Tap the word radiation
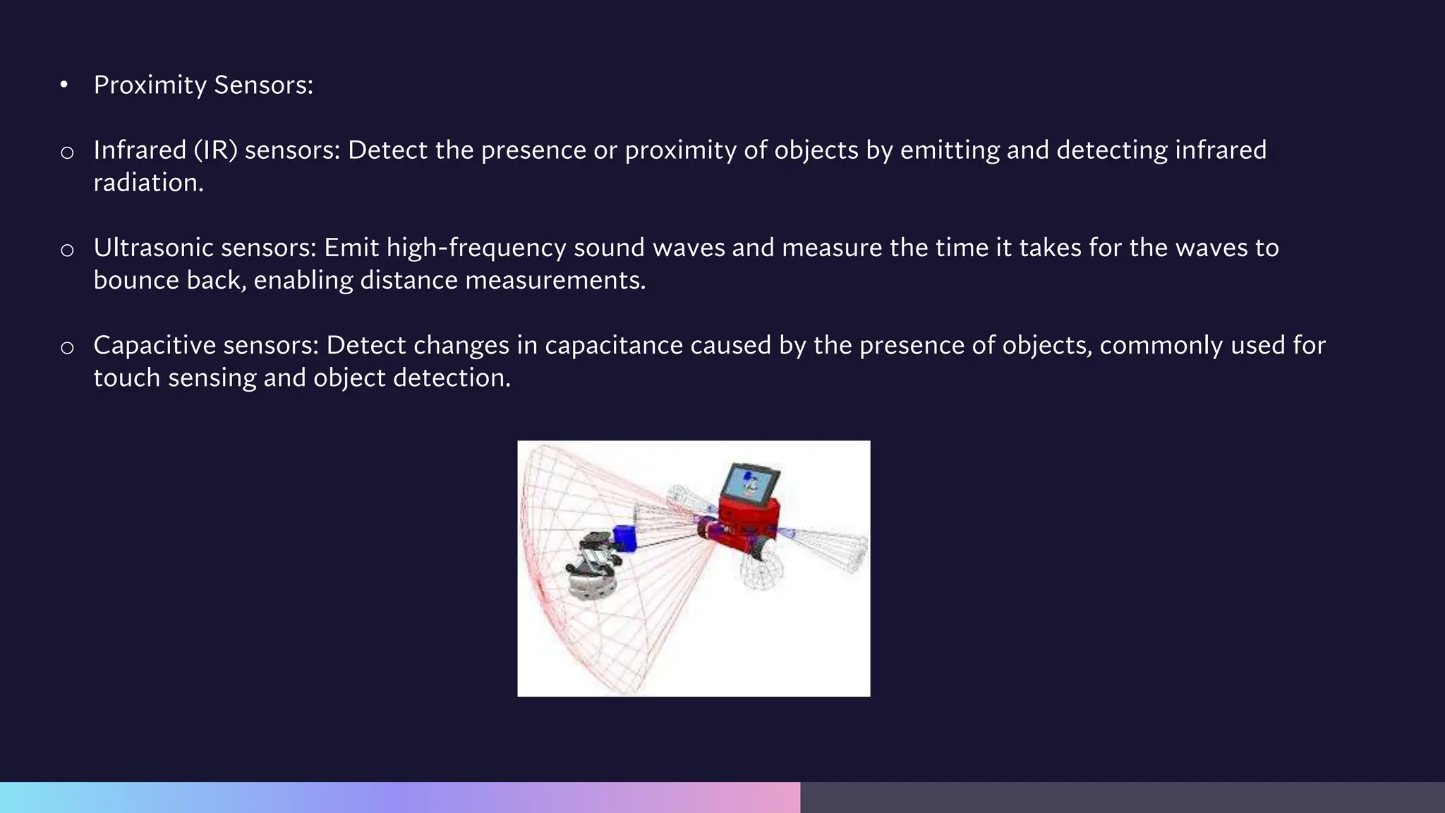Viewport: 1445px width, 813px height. (x=148, y=183)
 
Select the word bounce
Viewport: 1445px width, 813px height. (x=135, y=280)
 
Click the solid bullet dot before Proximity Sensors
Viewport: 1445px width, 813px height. (x=64, y=85)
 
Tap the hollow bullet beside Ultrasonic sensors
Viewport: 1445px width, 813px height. (x=67, y=250)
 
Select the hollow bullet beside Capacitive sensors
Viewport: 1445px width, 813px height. (x=67, y=347)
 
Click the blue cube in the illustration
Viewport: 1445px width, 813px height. (x=624, y=538)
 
